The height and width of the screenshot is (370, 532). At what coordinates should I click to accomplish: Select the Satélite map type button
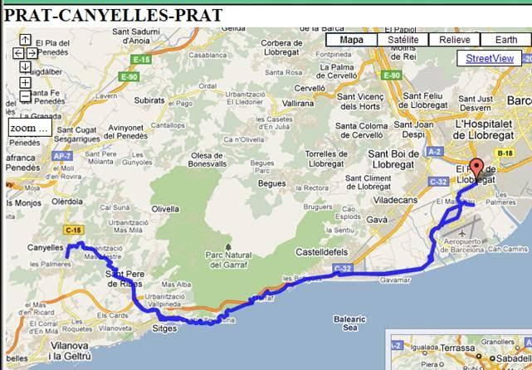pos(403,40)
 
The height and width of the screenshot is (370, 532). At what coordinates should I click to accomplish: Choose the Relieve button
pos(454,40)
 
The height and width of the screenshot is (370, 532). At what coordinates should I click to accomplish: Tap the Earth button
pos(505,40)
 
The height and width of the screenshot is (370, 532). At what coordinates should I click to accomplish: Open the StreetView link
pos(489,58)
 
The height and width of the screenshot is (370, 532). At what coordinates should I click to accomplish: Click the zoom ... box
pos(29,129)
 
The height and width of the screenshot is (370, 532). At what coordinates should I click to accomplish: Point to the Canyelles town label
pos(46,247)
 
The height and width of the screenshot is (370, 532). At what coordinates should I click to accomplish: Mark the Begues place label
pos(272,183)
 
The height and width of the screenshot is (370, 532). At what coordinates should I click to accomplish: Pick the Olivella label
pos(165,210)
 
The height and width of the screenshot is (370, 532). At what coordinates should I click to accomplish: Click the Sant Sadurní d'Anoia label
pos(124,36)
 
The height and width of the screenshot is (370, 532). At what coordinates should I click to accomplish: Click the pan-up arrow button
pos(26,39)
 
